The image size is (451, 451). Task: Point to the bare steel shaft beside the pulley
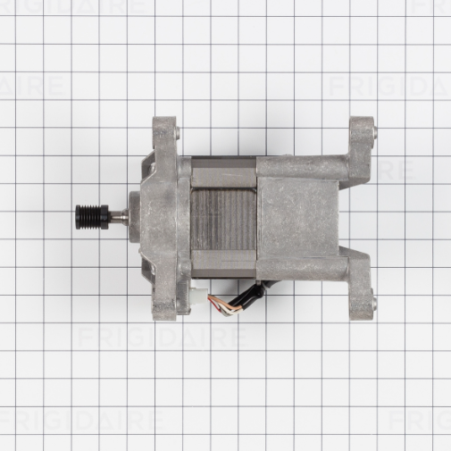click(116, 214)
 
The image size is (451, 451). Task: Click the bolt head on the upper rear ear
click(373, 133)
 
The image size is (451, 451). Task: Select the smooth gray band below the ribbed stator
click(223, 265)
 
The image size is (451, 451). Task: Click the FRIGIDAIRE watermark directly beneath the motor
click(161, 338)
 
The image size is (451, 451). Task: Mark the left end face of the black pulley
click(76, 214)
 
